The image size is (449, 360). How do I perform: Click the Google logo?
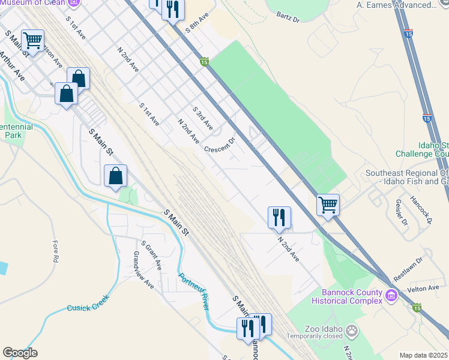tap(20, 353)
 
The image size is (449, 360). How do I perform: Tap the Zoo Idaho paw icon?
tap(351, 329)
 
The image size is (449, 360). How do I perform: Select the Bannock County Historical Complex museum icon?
tap(391, 295)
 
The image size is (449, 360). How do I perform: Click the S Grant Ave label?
tap(151, 255)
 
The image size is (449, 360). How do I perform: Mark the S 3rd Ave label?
tap(202, 119)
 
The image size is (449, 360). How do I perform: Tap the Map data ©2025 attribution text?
tap(423, 355)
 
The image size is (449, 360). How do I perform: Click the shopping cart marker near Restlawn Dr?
tap(328, 205)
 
